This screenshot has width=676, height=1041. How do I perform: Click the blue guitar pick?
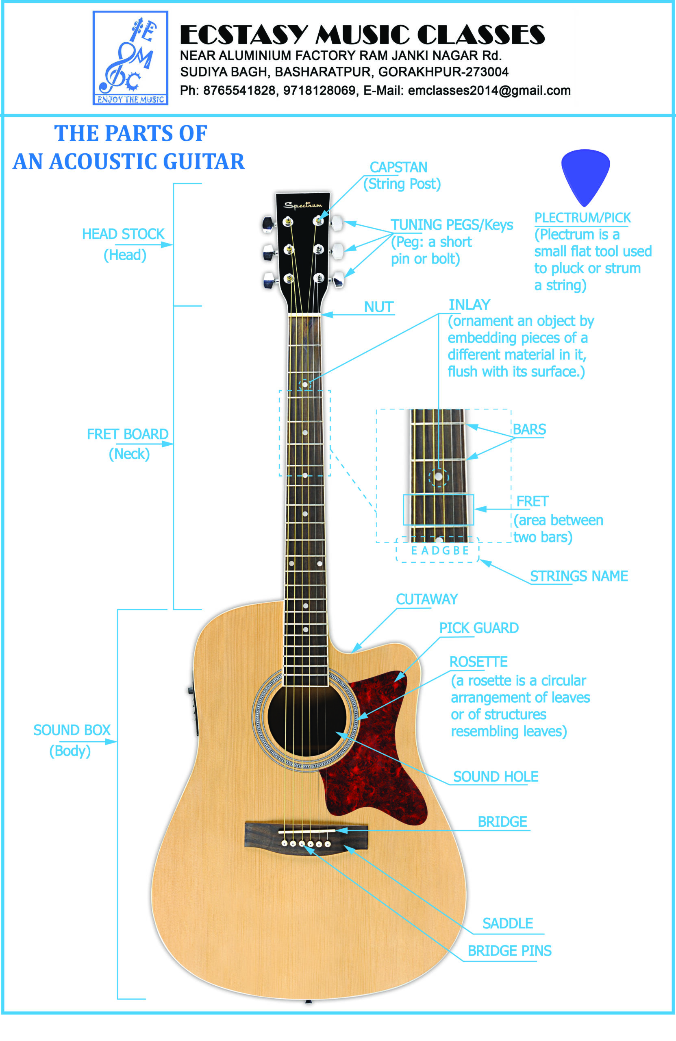585,175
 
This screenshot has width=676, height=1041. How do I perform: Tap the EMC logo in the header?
130,58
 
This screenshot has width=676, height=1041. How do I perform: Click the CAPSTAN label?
398,168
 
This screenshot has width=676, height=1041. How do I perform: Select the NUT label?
379,307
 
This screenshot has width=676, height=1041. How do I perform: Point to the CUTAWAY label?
427,599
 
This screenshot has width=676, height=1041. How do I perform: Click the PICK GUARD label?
479,628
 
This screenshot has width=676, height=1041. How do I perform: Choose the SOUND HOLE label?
496,776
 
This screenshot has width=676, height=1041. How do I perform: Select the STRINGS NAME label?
579,576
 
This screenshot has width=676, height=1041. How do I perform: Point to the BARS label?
529,429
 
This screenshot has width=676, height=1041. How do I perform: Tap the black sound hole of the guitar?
306,717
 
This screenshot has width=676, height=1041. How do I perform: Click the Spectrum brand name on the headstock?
302,205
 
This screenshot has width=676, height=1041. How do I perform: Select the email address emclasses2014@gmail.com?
489,91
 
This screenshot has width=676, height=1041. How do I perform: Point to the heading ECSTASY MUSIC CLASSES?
362,35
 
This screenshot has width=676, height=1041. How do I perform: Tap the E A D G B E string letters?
439,550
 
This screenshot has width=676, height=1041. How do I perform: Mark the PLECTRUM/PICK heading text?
583,218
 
